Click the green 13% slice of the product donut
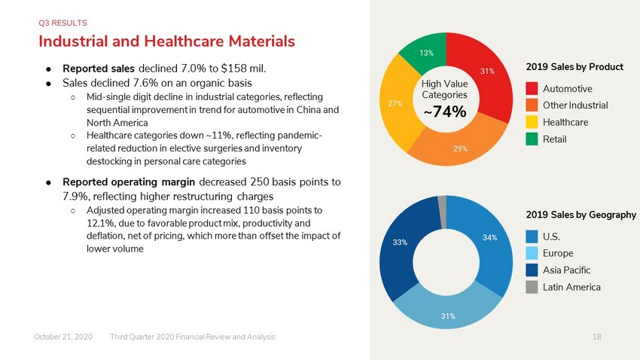point(425,52)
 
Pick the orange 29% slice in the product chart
point(459,147)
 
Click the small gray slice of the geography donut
point(442,212)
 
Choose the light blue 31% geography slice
point(448,314)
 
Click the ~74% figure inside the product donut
point(445,111)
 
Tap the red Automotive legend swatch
point(532,89)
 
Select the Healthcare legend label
point(565,123)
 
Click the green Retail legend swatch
point(532,139)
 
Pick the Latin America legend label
point(571,288)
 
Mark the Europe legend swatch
point(532,254)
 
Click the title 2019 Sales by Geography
point(581,215)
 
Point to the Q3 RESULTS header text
point(62,23)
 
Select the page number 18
point(597,337)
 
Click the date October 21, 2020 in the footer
point(63,337)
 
